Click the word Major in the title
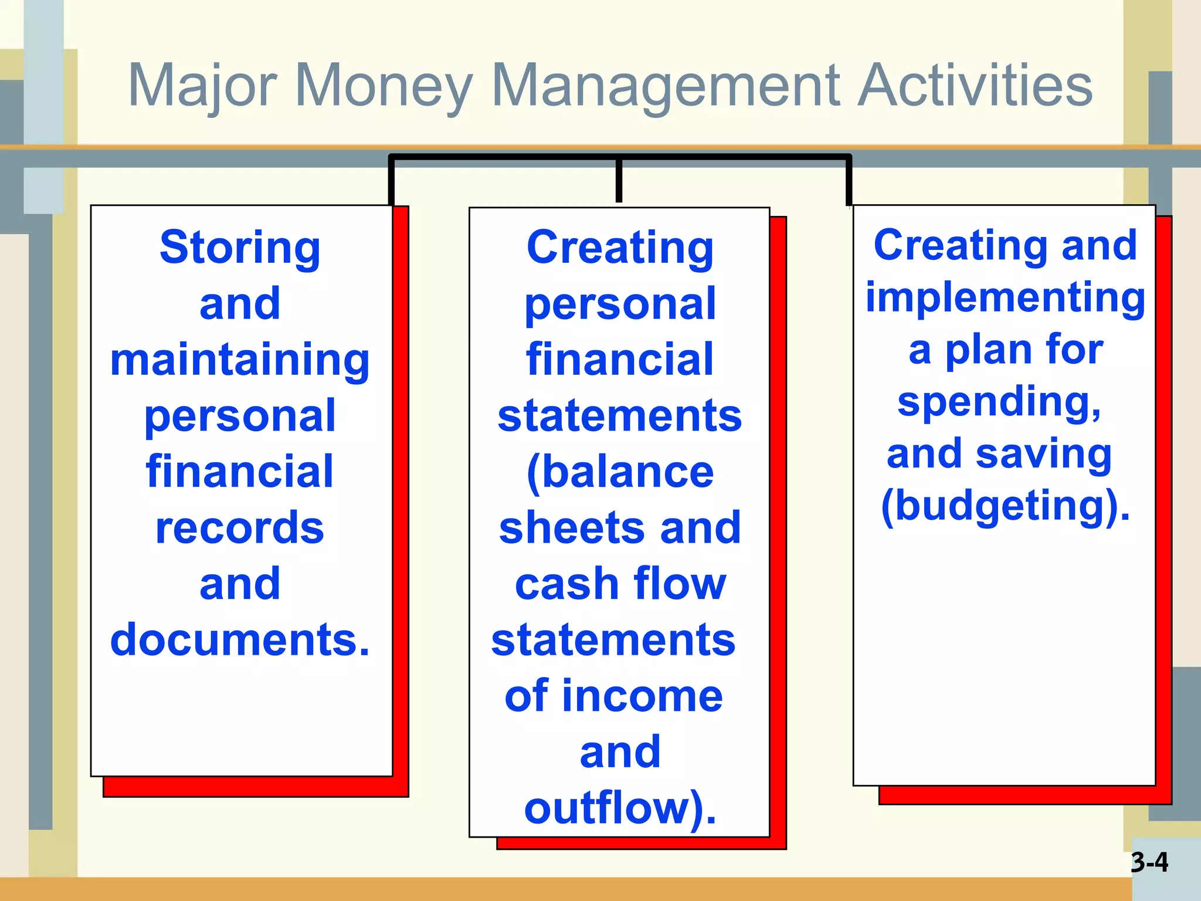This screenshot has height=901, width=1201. click(202, 87)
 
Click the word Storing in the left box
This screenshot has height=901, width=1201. click(240, 248)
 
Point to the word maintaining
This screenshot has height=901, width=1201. click(240, 361)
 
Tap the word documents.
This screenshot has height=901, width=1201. click(240, 640)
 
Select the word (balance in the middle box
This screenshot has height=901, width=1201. click(620, 473)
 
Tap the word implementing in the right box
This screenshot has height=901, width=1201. click(1005, 297)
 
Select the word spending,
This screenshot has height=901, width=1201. click(999, 402)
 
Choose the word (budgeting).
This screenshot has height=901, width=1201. click(1005, 506)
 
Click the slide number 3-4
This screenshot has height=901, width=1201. click(1149, 862)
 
